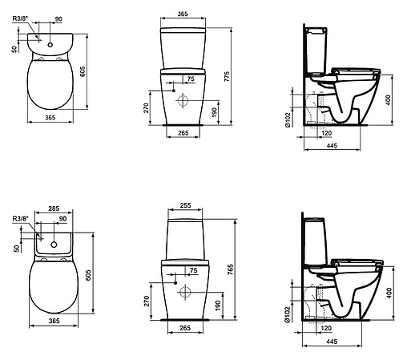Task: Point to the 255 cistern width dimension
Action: (x=185, y=204)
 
